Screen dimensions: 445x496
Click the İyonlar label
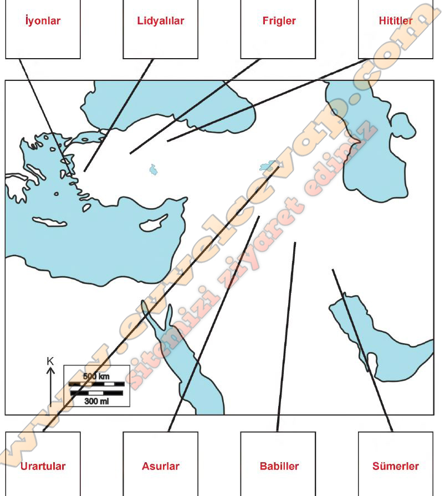pos(43,20)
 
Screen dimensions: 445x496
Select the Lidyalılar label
pos(161,20)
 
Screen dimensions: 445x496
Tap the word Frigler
pos(279,20)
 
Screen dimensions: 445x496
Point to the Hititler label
pos(396,20)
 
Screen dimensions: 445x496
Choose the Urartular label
pos(43,466)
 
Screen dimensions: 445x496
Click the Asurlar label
pos(161,466)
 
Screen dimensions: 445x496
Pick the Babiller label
pos(279,466)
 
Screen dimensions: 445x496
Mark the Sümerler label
pos(396,466)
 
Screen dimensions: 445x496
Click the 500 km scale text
pos(96,376)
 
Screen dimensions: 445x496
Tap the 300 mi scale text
pos(96,401)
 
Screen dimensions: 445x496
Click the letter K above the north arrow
pos(50,361)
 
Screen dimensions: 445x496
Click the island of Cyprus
pos(154,223)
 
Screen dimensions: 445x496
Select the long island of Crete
pos(49,222)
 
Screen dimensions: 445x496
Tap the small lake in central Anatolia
pos(154,169)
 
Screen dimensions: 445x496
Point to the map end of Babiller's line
pos(295,242)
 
